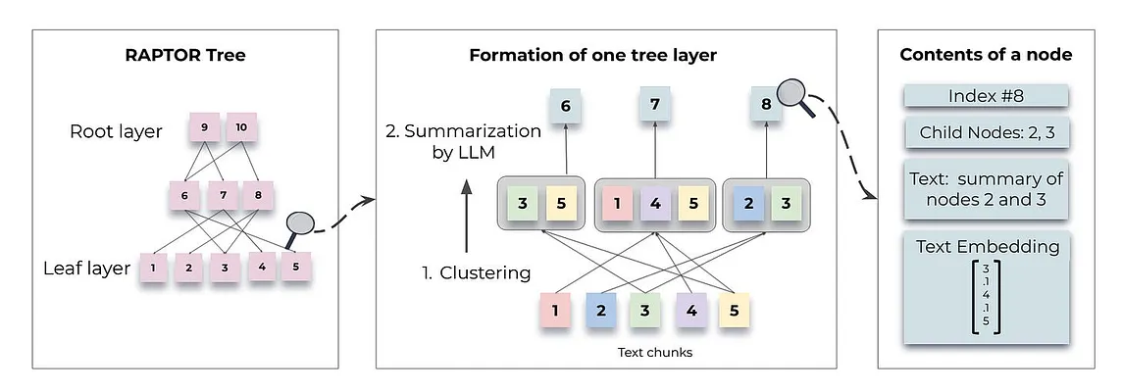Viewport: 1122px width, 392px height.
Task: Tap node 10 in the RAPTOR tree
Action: pos(241,128)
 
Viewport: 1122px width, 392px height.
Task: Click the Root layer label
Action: pos(116,131)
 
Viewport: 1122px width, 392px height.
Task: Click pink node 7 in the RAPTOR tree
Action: pos(223,196)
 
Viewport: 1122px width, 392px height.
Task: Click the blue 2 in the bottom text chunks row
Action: pos(600,311)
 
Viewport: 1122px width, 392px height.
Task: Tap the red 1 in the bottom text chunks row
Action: pos(556,311)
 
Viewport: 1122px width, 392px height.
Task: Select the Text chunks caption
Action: pos(654,352)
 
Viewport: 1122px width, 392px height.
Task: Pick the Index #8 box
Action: pos(986,96)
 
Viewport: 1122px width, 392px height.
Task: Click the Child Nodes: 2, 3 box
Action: pos(986,133)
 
